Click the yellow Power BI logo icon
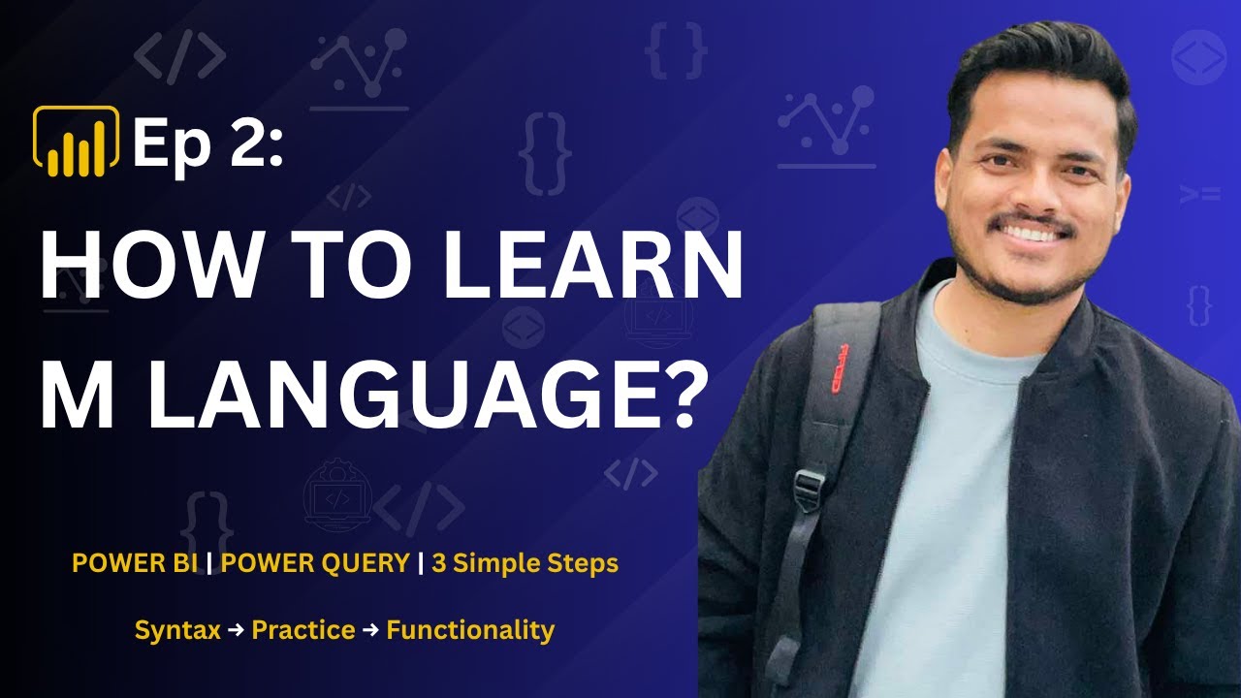coord(76,142)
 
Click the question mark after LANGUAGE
coord(673,396)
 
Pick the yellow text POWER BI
coord(135,564)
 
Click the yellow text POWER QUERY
coord(315,564)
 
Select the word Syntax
coord(177,630)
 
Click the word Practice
coord(302,630)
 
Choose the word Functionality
coord(470,630)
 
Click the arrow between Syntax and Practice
coord(236,631)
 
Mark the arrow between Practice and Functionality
coord(370,631)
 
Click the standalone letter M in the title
coord(75,396)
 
